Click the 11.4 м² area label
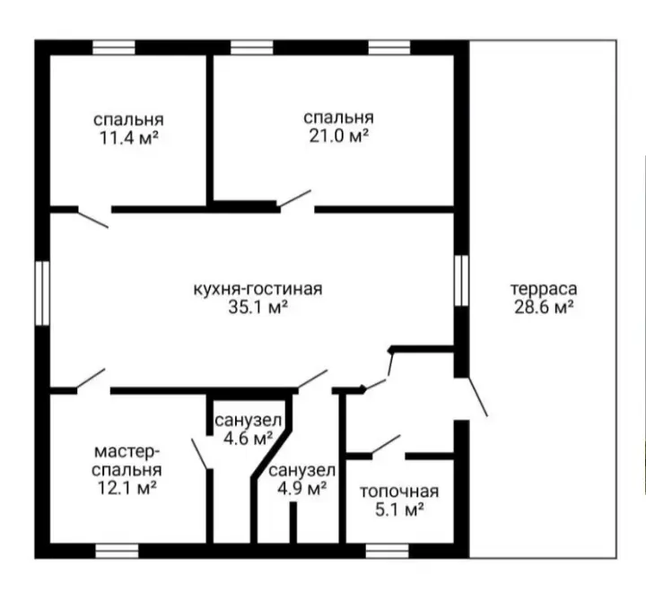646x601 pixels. point(129,138)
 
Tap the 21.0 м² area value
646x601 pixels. point(338,136)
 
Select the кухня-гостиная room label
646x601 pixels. point(258,289)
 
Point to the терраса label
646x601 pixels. point(544,289)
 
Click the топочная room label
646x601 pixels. point(399,492)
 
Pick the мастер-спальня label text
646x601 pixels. point(127,461)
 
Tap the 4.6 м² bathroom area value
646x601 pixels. point(248,439)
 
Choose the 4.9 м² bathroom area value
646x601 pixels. point(302,489)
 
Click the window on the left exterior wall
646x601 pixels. point(42,293)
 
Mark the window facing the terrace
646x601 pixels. point(461,281)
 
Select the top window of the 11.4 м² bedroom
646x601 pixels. point(114,48)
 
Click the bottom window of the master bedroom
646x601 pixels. point(117,551)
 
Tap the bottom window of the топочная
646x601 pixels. point(388,551)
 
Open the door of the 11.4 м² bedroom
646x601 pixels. point(93,219)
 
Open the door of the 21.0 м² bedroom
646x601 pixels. point(294,198)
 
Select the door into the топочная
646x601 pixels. point(386,444)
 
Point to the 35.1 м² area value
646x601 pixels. point(258,308)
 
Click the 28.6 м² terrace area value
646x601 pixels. point(544,308)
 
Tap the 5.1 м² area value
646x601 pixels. point(399,510)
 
